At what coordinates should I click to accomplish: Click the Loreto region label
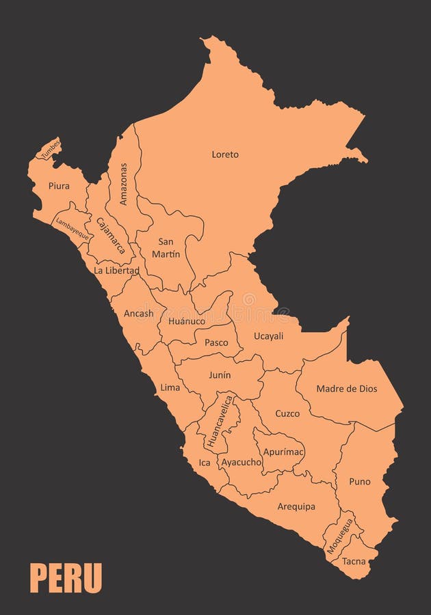[x=225, y=154]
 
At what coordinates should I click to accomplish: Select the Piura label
[x=59, y=185]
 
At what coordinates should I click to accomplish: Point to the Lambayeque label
[x=72, y=228]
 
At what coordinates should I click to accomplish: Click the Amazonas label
[x=124, y=184]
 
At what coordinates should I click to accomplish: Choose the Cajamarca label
[x=111, y=235]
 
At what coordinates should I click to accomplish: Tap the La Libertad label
[x=116, y=271]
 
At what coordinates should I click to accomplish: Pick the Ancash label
[x=138, y=314]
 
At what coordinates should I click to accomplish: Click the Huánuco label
[x=187, y=320]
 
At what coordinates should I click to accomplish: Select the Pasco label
[x=216, y=342]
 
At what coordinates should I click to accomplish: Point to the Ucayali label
[x=268, y=336]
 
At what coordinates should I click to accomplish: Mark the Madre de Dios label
[x=346, y=389]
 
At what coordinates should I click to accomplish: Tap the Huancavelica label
[x=220, y=422]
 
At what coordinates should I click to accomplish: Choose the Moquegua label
[x=339, y=536]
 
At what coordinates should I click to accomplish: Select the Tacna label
[x=354, y=562]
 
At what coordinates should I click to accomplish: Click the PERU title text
[x=66, y=578]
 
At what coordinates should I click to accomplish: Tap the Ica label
[x=205, y=463]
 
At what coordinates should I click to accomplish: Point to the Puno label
[x=359, y=482]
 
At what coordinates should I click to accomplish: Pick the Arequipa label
[x=296, y=506]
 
